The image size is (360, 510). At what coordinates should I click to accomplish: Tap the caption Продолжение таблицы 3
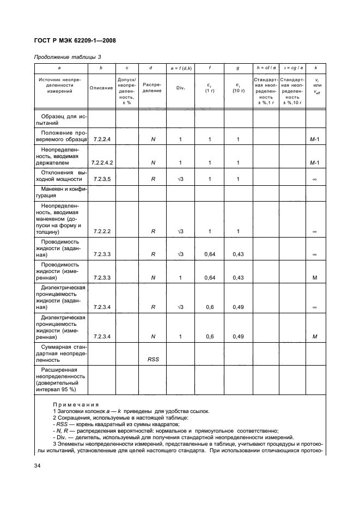[68, 57]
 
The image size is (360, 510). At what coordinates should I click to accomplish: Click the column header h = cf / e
[265, 68]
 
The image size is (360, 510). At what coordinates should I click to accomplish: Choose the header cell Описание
[101, 88]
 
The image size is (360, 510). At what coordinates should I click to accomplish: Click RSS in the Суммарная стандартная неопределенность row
[153, 360]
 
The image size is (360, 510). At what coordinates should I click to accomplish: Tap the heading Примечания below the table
[76, 405]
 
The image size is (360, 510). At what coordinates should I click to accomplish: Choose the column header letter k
[315, 68]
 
